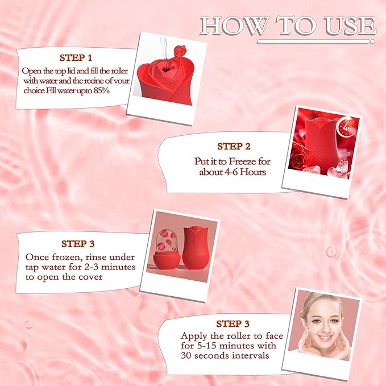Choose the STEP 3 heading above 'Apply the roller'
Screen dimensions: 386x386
coord(233,324)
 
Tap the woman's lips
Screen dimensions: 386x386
coord(325,337)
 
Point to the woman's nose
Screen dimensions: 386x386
coord(325,325)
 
